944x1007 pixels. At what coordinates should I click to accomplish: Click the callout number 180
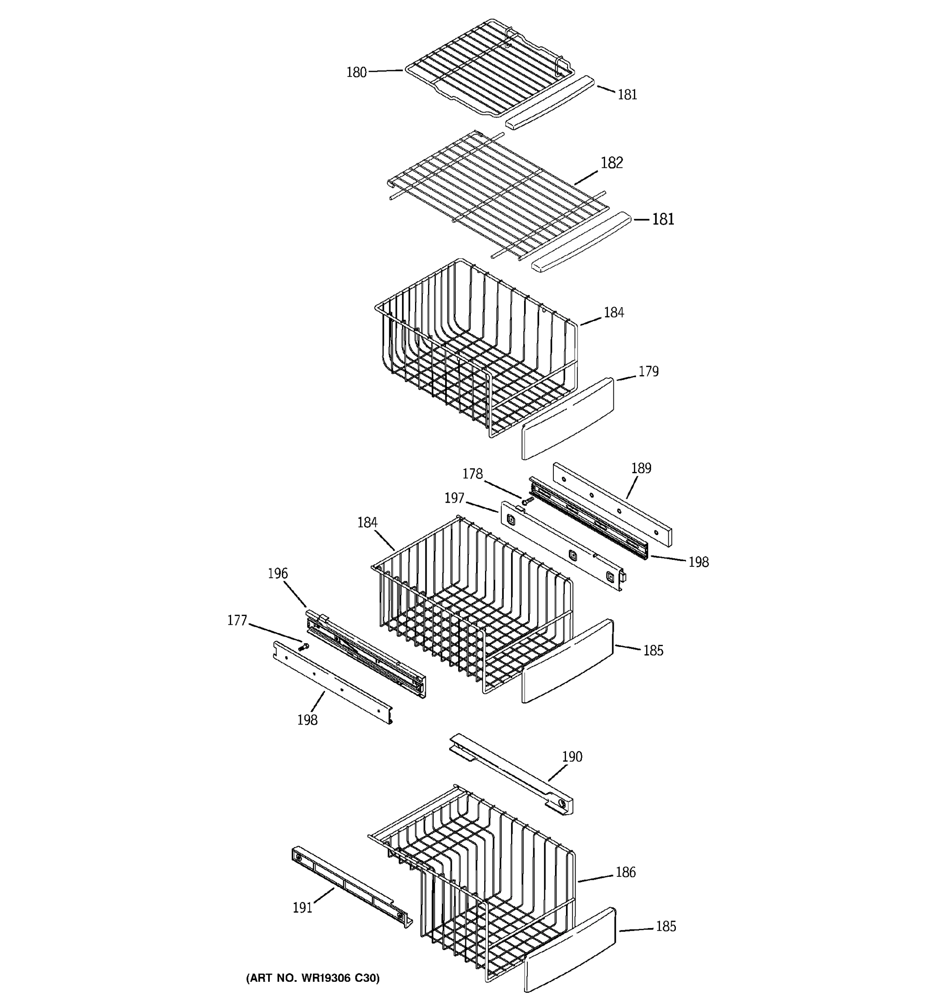(356, 73)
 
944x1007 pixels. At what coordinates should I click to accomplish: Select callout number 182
(611, 163)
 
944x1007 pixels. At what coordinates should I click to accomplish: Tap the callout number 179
(648, 371)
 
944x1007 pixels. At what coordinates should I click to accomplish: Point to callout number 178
(472, 474)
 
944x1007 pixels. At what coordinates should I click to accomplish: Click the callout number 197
(454, 498)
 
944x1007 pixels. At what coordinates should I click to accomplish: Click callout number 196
(277, 574)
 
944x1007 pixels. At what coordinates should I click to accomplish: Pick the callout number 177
(237, 620)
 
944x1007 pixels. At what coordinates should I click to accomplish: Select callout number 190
(572, 757)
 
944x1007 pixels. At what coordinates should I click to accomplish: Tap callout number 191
(302, 908)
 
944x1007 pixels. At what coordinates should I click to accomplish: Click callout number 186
(626, 872)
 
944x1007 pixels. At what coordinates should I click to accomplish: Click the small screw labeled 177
(304, 646)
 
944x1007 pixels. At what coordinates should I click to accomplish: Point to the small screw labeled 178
(527, 501)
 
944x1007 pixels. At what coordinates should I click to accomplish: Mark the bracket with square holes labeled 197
(562, 546)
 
